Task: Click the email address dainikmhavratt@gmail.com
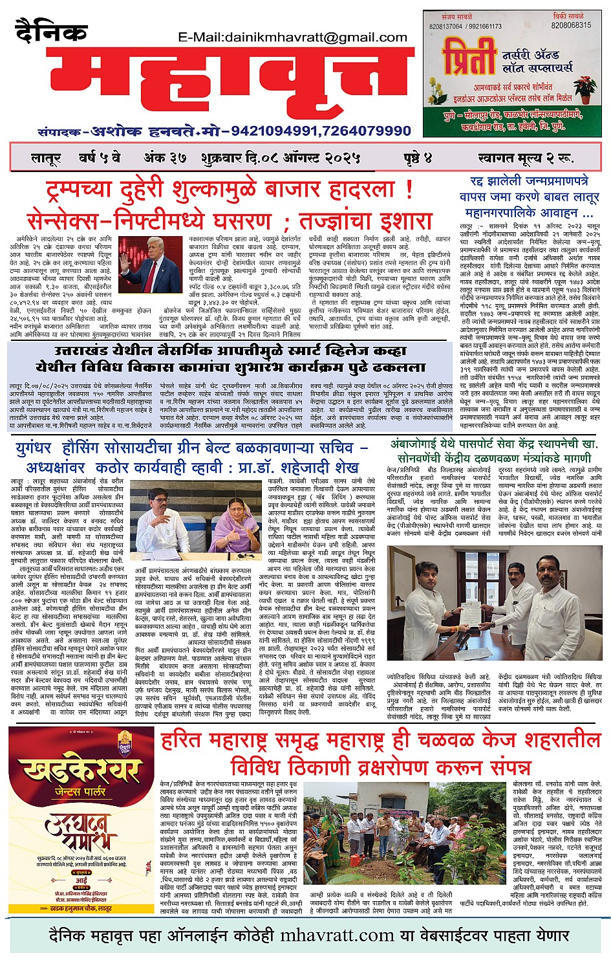tap(292, 38)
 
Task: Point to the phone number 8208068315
tap(571, 25)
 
